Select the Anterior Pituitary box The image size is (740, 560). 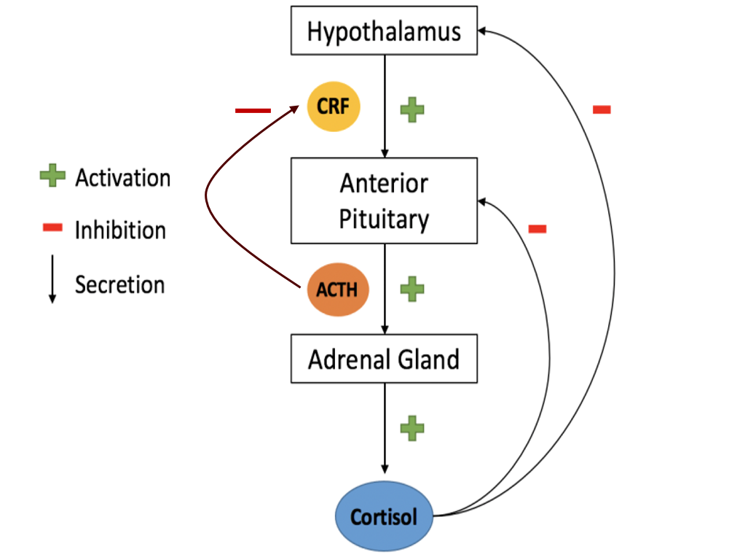tap(384, 201)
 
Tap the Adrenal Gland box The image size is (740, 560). tap(384, 359)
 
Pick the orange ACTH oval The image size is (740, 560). tap(336, 289)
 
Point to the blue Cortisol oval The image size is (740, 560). tap(384, 517)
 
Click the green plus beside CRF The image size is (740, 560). tap(412, 109)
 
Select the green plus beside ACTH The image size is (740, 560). tap(412, 289)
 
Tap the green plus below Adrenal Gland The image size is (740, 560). tap(412, 428)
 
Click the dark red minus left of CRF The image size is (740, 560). tap(253, 111)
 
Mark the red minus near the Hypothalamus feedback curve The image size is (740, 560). tap(602, 110)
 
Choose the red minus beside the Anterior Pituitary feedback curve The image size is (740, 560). tap(538, 229)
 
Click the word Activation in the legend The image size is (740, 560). tap(122, 177)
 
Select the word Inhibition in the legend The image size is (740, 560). tap(120, 230)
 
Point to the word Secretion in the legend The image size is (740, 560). tap(119, 284)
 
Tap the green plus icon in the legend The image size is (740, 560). tap(52, 176)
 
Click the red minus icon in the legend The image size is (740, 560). tap(53, 228)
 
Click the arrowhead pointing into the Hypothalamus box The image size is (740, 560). tap(484, 31)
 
